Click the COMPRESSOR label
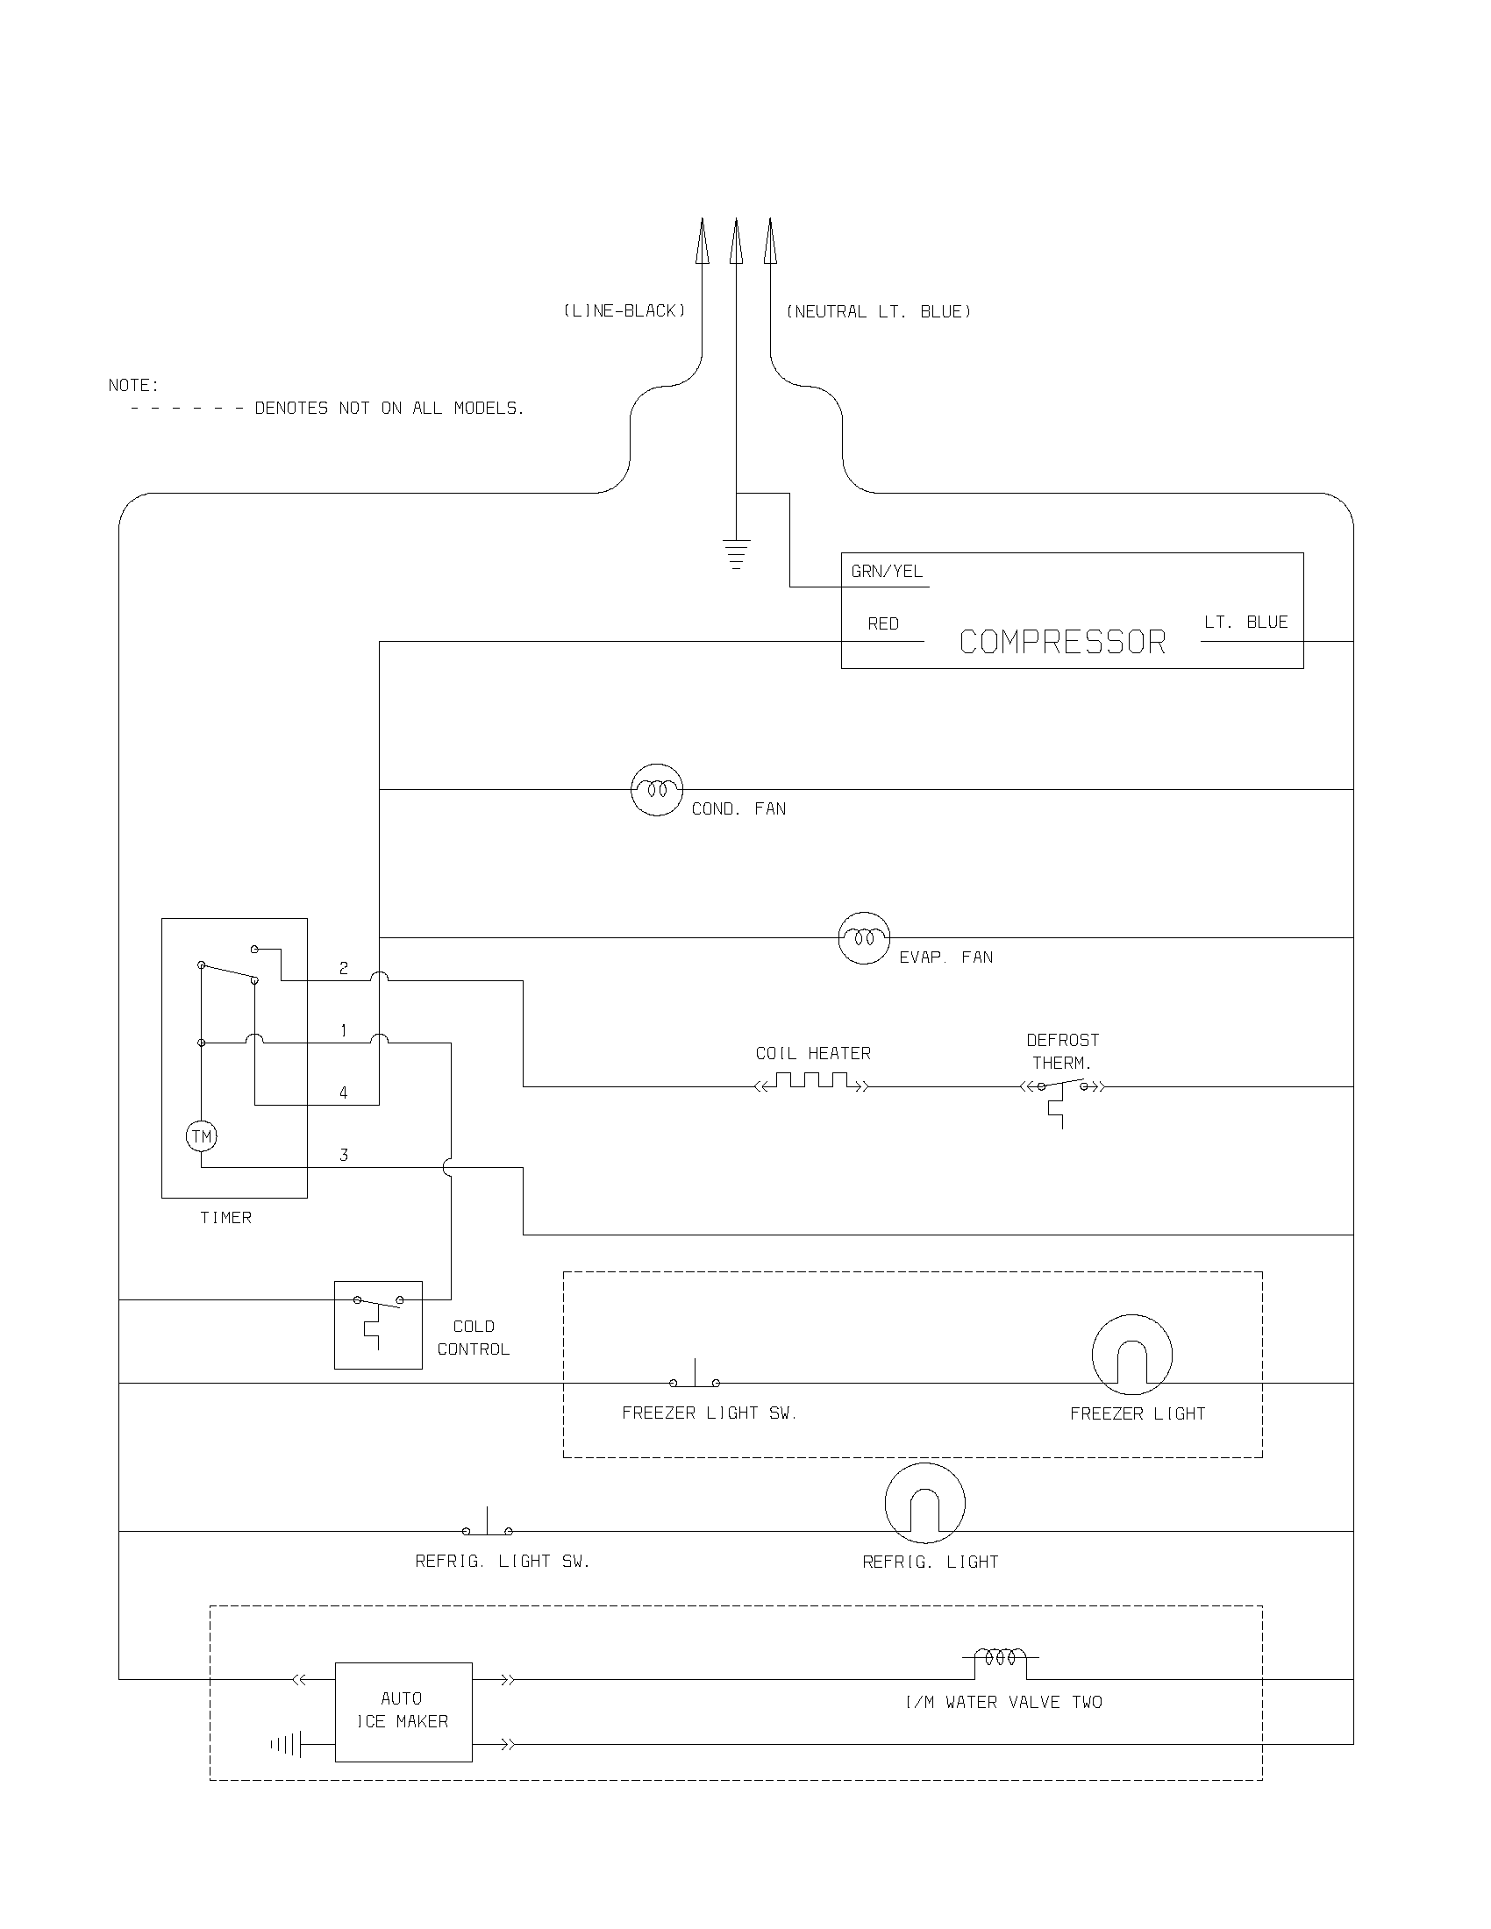pos(1062,642)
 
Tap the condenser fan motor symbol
pos(657,790)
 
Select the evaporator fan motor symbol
pos(863,938)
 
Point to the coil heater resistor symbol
pos(812,1082)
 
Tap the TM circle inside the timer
pos(202,1136)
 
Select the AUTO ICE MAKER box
pos(403,1712)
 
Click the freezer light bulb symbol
pos(1131,1355)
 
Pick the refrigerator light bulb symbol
pos(924,1503)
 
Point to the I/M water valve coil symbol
pos(1000,1658)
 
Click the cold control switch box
pos(378,1325)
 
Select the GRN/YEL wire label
pos(886,572)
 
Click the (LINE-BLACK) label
pos(624,311)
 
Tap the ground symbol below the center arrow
pos(736,554)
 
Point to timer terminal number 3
pos(344,1156)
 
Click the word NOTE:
pos(133,385)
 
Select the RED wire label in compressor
pos(882,623)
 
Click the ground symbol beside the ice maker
pos(288,1744)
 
